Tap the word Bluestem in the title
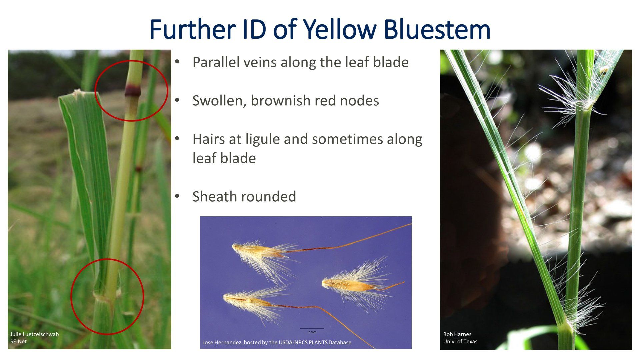click(x=437, y=29)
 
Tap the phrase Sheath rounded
click(x=244, y=197)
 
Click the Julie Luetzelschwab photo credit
click(x=34, y=334)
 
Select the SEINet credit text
click(x=18, y=341)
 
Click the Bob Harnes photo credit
click(x=457, y=334)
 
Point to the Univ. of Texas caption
click(x=460, y=341)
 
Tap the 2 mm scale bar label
click(x=312, y=332)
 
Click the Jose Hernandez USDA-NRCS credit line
click(x=277, y=342)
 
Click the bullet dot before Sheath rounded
click(x=177, y=196)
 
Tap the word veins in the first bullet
click(x=262, y=62)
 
